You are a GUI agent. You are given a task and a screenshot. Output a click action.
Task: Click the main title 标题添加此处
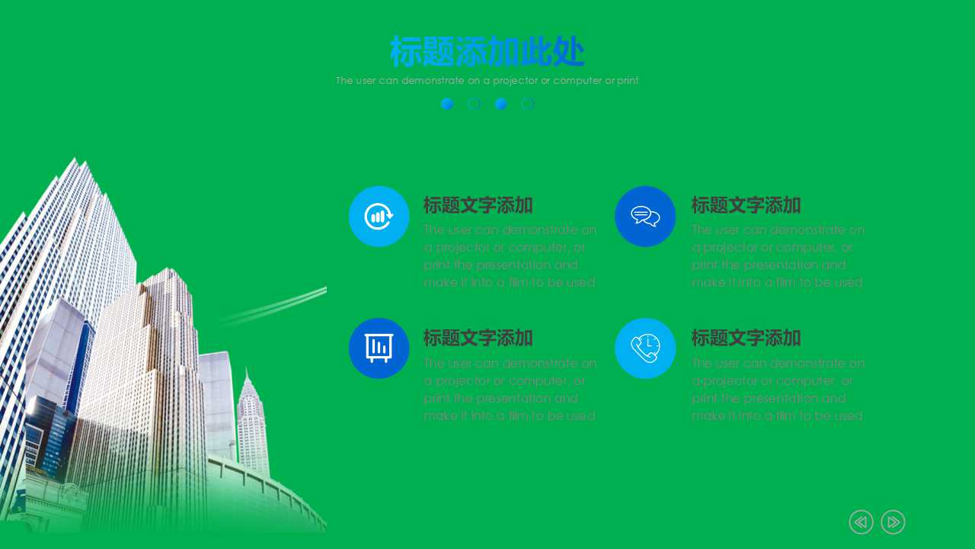[487, 53]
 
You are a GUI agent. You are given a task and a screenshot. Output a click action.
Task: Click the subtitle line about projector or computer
[487, 80]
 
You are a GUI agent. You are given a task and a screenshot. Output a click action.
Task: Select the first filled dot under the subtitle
[447, 104]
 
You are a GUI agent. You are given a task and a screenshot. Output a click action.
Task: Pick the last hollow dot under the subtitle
[527, 104]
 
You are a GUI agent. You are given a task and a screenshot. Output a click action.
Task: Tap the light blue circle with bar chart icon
[379, 216]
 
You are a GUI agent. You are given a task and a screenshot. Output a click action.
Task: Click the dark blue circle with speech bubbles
[645, 216]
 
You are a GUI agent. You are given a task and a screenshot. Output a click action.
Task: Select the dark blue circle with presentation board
[379, 348]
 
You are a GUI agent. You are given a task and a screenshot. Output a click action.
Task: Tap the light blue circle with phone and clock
[645, 348]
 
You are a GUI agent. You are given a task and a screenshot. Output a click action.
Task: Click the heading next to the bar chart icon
[478, 205]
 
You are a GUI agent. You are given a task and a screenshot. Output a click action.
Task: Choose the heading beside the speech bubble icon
[746, 205]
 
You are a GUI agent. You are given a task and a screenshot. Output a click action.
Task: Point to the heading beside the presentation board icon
[478, 338]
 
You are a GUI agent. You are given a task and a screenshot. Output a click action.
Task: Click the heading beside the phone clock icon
[746, 338]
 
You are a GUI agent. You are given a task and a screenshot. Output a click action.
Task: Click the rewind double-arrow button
[861, 522]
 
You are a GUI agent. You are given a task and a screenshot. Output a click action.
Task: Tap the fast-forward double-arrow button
[893, 522]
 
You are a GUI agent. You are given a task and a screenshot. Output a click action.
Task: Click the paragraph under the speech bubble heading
[778, 256]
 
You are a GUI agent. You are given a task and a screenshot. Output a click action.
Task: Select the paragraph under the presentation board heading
[510, 389]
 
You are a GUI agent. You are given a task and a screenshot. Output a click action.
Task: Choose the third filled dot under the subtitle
[500, 104]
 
